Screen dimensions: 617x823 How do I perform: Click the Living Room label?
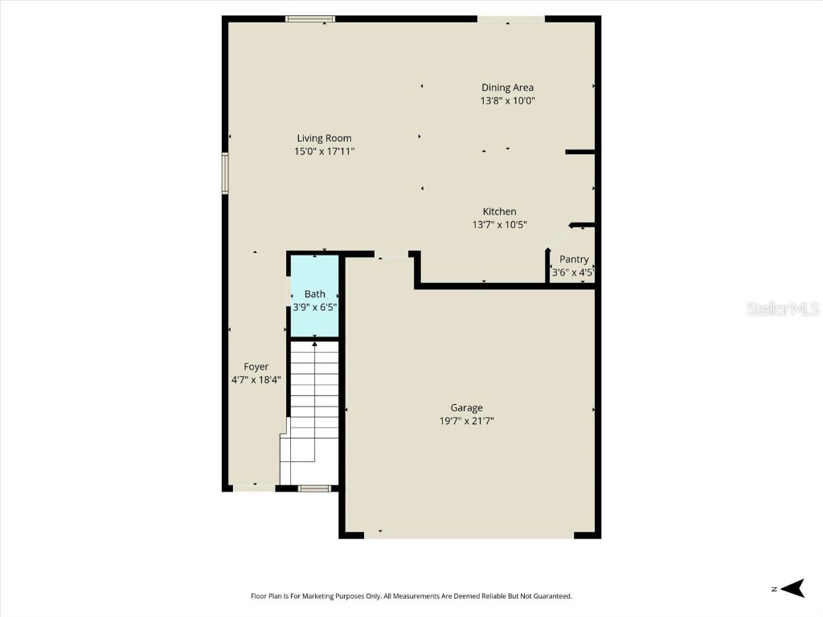click(x=324, y=138)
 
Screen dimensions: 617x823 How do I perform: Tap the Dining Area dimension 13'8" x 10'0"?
click(x=507, y=101)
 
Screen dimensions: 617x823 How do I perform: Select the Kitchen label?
click(x=499, y=211)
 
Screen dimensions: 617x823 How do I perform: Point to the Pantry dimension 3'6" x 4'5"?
click(x=572, y=272)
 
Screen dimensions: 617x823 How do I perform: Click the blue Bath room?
click(x=314, y=296)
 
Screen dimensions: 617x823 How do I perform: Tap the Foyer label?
click(x=256, y=366)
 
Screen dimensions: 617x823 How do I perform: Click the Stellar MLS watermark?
click(x=782, y=308)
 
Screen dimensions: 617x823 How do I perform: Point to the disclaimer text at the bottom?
click(x=411, y=596)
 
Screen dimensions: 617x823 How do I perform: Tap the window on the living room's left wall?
click(x=226, y=174)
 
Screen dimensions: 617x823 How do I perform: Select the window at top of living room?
click(x=310, y=18)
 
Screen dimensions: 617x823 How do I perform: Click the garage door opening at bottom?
click(x=469, y=533)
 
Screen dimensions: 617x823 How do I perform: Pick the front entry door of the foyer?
click(x=254, y=488)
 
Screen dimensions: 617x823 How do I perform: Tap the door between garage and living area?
click(x=391, y=255)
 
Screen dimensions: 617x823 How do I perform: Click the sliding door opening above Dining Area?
click(x=510, y=18)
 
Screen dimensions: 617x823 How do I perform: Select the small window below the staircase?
click(x=314, y=488)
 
